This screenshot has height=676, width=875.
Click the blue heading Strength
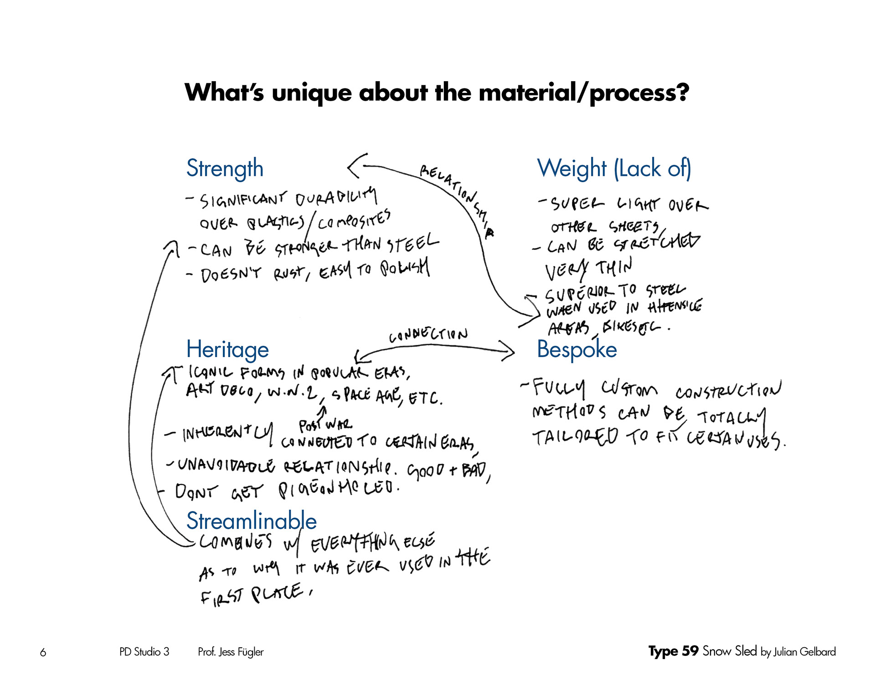click(225, 169)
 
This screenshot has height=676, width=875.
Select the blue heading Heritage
click(227, 350)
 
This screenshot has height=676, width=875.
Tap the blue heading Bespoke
click(576, 350)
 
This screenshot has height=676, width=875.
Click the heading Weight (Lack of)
click(614, 169)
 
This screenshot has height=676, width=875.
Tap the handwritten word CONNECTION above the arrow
click(428, 335)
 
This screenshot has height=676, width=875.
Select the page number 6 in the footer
click(43, 652)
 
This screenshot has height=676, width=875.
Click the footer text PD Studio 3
click(144, 652)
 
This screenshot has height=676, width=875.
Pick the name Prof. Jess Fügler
click(231, 652)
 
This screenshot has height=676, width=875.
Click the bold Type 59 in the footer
click(673, 651)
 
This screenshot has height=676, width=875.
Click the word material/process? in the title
click(584, 93)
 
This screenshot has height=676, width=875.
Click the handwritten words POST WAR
click(325, 425)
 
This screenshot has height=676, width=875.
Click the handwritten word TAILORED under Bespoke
click(575, 437)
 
